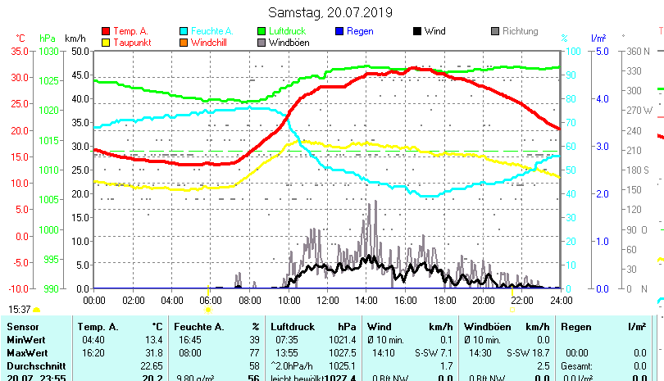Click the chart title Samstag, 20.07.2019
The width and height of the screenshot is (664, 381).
[330, 12]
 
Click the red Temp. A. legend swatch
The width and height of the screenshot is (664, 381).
[105, 31]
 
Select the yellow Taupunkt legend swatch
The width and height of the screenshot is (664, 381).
[105, 42]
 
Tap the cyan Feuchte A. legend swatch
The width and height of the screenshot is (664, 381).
[184, 31]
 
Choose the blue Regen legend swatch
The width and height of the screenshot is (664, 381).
[340, 31]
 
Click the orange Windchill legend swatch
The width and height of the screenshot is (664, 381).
[184, 42]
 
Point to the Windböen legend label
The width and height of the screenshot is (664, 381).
[289, 42]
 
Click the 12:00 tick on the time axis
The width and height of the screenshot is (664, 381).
[326, 300]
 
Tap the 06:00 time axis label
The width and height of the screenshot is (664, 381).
[210, 300]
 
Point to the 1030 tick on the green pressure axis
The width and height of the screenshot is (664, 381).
[48, 51]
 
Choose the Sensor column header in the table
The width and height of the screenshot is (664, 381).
[24, 326]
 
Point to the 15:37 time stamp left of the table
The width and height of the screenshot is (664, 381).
[20, 309]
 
